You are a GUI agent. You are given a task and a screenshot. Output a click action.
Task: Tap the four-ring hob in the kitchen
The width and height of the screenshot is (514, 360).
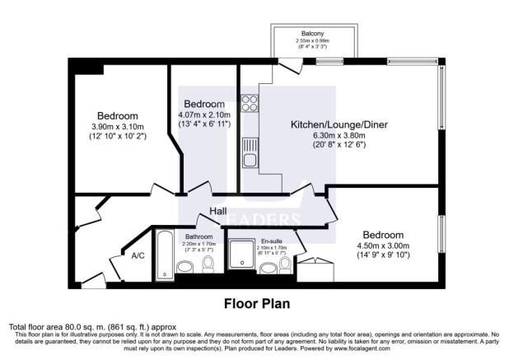(x=249, y=105)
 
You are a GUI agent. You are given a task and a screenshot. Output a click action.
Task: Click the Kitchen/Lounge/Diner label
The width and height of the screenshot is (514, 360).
(x=339, y=125)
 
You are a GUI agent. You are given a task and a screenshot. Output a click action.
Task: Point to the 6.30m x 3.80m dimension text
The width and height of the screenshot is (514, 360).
(x=339, y=136)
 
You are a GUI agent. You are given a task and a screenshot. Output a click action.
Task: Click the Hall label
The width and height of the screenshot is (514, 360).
(x=217, y=213)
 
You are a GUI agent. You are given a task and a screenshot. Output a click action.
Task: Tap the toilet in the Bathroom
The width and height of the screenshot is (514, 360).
(x=208, y=264)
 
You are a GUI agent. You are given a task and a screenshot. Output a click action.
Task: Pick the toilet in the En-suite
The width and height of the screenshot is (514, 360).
(x=286, y=264)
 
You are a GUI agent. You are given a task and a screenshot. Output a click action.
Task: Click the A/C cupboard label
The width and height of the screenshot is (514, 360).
(x=138, y=255)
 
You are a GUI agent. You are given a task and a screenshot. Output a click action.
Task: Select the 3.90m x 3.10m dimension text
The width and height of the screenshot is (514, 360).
(x=117, y=126)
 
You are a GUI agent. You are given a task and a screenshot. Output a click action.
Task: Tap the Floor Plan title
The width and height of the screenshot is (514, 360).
(x=258, y=303)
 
